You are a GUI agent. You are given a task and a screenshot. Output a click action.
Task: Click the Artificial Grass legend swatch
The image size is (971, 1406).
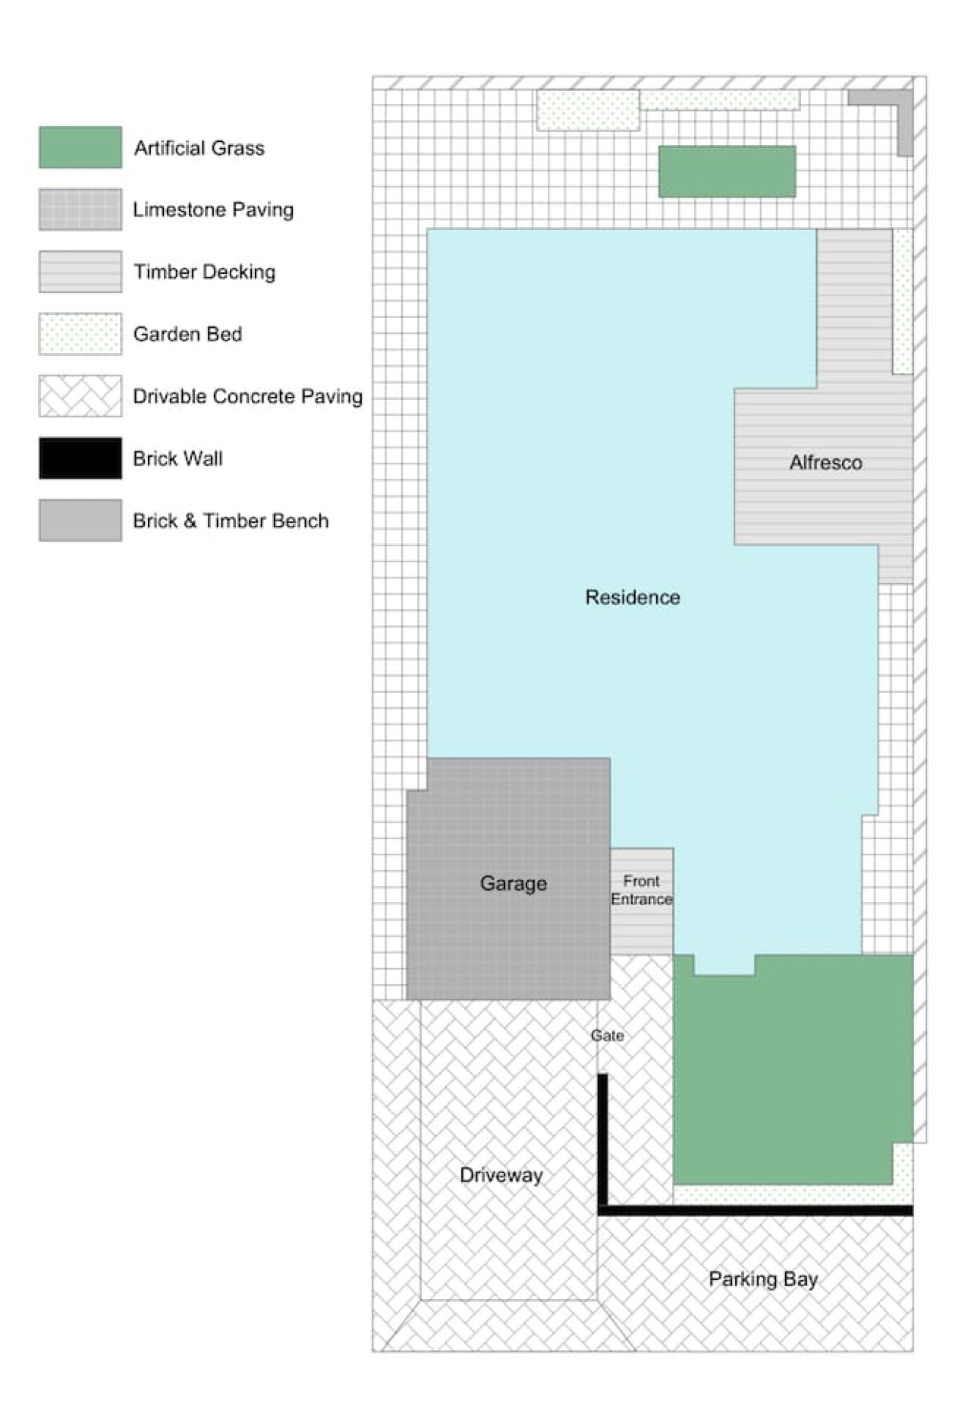point(80,147)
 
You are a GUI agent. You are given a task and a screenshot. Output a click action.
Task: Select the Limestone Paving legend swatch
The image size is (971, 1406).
point(80,209)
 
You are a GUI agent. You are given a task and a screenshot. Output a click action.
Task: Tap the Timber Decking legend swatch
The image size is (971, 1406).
point(80,272)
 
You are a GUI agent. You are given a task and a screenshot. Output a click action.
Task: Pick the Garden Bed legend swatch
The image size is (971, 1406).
point(80,334)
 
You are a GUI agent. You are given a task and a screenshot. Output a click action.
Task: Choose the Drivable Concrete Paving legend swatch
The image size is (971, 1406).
point(80,396)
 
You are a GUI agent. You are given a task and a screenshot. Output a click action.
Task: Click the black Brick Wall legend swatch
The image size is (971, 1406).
point(80,458)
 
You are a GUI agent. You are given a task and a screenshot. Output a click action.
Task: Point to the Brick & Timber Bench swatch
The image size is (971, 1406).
point(80,521)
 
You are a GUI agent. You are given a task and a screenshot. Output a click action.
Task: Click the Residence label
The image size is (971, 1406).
point(633,597)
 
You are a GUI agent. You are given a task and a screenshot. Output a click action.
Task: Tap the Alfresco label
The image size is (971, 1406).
point(826,462)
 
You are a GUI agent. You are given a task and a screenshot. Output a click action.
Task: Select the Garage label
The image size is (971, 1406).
point(514,883)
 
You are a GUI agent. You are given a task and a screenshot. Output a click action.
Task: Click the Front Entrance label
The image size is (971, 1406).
point(642,890)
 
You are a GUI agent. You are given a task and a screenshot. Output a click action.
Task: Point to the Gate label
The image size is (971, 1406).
point(608,1036)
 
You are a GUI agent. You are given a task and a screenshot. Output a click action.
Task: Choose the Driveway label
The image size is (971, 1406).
point(501,1175)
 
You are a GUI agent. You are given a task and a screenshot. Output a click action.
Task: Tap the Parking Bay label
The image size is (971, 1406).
point(763,1279)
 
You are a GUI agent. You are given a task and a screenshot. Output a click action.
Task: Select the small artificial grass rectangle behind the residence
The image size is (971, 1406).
point(727,172)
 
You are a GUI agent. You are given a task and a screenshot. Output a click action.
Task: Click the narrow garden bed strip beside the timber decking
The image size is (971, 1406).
point(903,301)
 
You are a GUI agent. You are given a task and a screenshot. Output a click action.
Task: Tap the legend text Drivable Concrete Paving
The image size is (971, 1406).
point(248,396)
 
